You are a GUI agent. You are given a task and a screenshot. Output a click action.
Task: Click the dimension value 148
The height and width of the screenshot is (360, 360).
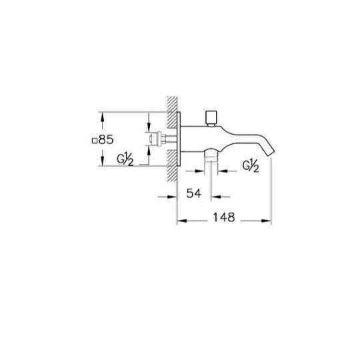[224, 217]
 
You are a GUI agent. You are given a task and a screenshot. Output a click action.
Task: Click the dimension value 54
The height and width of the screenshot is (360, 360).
[194, 193]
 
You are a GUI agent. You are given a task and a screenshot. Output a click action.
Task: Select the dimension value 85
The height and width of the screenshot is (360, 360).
[106, 139]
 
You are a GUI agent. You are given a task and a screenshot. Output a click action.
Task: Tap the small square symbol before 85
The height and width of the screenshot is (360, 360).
[94, 141]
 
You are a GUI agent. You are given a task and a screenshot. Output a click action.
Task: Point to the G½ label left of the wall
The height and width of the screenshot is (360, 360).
[125, 160]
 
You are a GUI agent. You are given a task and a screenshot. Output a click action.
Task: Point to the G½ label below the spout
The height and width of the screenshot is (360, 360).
[251, 165]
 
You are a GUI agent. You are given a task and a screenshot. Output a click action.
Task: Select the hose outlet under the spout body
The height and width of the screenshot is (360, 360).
[211, 155]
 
